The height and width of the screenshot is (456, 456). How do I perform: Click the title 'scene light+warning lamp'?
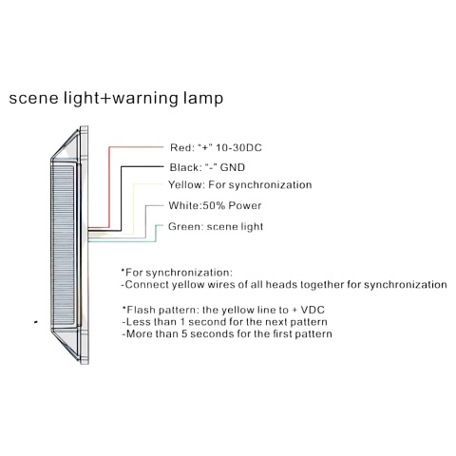tap(116, 98)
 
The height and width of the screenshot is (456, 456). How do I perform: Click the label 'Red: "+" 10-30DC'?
tap(216, 148)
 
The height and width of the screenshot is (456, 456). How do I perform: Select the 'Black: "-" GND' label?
tap(207, 167)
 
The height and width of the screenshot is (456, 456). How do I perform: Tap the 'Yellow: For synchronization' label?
tap(240, 185)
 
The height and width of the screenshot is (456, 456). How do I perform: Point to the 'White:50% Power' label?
tap(215, 206)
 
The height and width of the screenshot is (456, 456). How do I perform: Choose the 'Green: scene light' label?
tap(216, 227)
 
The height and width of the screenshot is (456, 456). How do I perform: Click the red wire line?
tap(109, 187)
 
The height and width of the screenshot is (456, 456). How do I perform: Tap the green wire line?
tap(156, 234)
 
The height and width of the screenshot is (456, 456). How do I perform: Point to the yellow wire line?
tap(134, 209)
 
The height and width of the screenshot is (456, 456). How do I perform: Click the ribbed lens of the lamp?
tap(63, 245)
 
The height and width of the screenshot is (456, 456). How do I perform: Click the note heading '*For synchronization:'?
tap(177, 273)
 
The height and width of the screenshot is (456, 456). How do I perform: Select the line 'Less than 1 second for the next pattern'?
tap(225, 322)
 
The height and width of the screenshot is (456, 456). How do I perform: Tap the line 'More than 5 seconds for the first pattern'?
tap(227, 334)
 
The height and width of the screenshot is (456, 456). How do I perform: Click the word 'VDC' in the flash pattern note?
tap(313, 310)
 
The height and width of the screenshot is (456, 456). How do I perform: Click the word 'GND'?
tap(233, 167)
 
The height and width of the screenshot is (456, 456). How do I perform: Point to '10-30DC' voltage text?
tap(238, 148)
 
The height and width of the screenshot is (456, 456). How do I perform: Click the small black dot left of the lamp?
tap(36, 322)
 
